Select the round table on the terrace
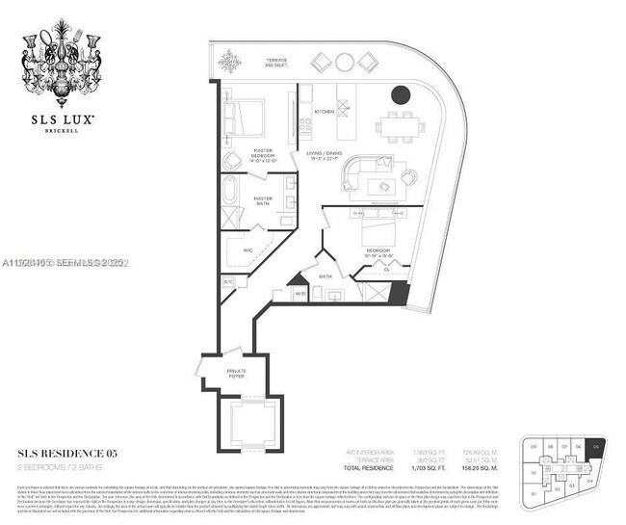[x=345, y=63]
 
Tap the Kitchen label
[x=324, y=112]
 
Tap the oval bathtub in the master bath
[x=232, y=190]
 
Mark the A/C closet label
[x=228, y=282]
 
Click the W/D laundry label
[x=300, y=293]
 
